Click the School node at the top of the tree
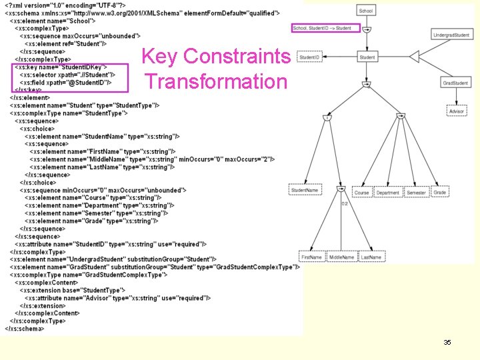point(366,11)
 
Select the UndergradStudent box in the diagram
point(451,35)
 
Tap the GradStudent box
point(455,83)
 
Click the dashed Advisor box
point(456,111)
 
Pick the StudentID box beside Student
point(309,58)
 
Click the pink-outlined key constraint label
point(325,28)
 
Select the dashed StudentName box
point(305,191)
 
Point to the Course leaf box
point(361,193)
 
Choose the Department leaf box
point(387,193)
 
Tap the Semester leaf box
point(416,193)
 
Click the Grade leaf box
point(440,193)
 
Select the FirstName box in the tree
point(311,257)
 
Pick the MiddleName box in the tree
point(341,257)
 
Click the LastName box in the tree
point(371,257)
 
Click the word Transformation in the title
point(215,82)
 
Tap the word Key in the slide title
point(161,57)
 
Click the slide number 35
point(447,342)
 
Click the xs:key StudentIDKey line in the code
point(55,67)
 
